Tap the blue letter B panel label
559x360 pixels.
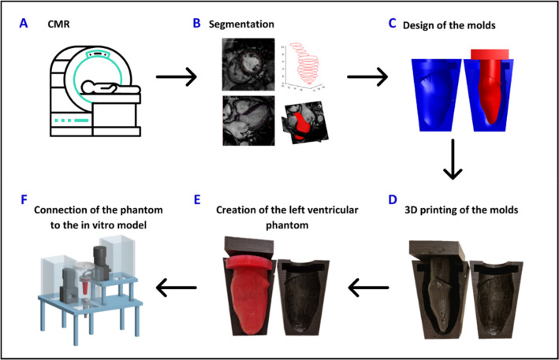point(198,24)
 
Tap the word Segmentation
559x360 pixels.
point(241,24)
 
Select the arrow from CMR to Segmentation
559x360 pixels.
point(176,78)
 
